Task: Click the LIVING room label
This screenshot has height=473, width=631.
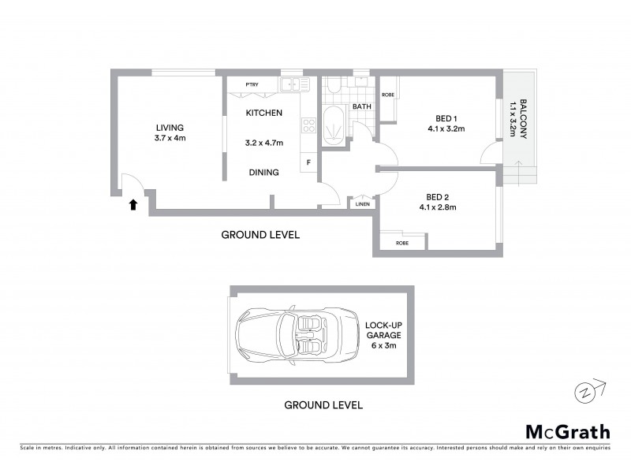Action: point(170,128)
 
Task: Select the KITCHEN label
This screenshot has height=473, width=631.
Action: point(263,113)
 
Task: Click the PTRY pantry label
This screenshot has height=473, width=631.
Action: point(252,84)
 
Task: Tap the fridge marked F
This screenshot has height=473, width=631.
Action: point(308,162)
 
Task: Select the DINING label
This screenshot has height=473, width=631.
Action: point(263,172)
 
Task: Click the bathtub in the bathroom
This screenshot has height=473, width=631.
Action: point(334,127)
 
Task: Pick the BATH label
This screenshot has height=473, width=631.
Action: point(361,106)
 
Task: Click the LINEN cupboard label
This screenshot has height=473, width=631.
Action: point(362,203)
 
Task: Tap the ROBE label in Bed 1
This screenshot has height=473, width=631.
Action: point(387,95)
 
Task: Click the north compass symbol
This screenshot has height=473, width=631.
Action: point(584,391)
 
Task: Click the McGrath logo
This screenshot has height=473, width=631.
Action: point(567,431)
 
